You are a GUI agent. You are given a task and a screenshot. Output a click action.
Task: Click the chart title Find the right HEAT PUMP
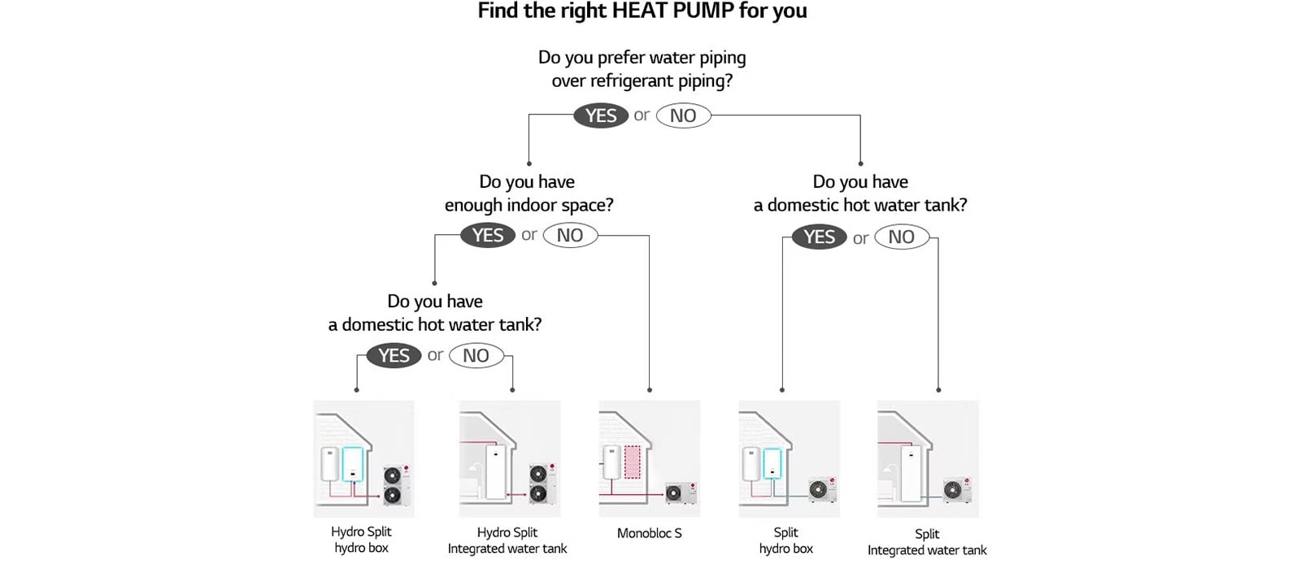tap(642, 11)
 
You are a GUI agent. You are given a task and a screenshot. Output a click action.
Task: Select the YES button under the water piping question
tap(601, 115)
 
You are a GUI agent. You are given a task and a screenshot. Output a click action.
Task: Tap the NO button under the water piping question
tap(683, 115)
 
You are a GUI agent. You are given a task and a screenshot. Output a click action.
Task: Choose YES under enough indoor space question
tap(488, 235)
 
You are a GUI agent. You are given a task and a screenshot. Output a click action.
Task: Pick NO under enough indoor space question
tap(570, 235)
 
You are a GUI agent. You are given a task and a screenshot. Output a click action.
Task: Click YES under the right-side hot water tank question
tap(819, 237)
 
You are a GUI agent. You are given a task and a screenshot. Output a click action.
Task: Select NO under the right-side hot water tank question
tap(901, 237)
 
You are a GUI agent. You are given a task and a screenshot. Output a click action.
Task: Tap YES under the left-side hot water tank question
tap(394, 355)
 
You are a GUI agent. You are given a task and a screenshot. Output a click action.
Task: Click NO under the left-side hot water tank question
tap(476, 355)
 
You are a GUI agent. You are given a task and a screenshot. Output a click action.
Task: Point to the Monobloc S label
tap(649, 533)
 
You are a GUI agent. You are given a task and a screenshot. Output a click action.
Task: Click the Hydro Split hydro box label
tap(361, 540)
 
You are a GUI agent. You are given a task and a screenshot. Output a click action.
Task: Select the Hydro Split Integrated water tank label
tap(507, 541)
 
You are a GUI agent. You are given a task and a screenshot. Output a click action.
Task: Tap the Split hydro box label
tap(785, 541)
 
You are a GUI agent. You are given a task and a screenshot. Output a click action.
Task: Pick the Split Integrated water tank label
tap(927, 542)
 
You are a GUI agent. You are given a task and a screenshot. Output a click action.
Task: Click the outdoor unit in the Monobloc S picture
tap(679, 492)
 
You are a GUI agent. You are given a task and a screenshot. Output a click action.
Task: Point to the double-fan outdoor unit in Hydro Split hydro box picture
tap(395, 484)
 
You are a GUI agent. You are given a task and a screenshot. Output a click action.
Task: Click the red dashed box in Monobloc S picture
tap(633, 461)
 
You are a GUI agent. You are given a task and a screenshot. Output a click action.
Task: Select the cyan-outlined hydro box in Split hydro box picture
tap(772, 463)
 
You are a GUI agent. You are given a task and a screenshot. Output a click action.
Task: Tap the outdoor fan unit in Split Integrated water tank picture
tap(955, 490)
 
